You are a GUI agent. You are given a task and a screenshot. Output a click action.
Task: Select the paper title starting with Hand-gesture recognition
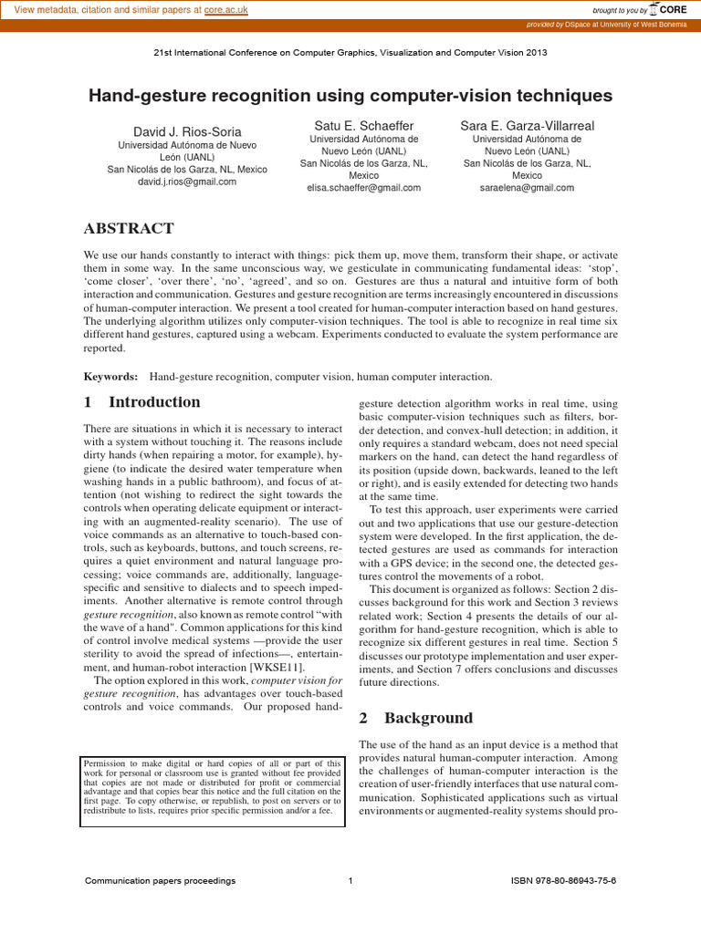click(350, 96)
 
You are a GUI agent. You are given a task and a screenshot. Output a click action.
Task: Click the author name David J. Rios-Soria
click(187, 132)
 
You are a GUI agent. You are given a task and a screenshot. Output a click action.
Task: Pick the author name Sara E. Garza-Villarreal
click(527, 125)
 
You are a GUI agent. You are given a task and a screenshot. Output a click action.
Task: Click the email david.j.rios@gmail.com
click(187, 182)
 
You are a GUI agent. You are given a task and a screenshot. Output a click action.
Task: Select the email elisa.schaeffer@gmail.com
click(364, 188)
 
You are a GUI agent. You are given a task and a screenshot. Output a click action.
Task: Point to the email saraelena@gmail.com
click(527, 188)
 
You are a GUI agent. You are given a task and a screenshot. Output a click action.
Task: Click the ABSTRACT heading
click(129, 228)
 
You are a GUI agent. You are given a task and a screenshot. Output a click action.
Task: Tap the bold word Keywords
click(110, 377)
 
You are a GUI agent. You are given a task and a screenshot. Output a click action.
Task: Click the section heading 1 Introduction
click(142, 402)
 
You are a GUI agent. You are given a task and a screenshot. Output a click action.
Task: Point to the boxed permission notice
click(213, 792)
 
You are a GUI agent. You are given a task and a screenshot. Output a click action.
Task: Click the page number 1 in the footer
click(350, 881)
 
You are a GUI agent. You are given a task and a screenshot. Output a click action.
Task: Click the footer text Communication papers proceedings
click(160, 881)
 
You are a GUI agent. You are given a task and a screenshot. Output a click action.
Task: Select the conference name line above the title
click(350, 53)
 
